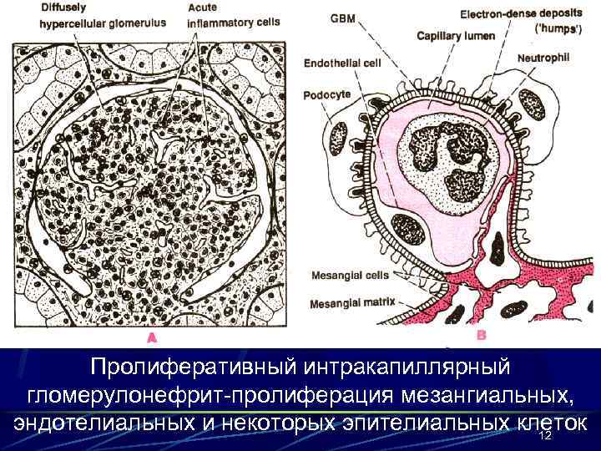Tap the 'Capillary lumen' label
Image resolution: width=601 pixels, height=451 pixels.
tap(456, 36)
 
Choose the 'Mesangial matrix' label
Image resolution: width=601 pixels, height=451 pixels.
tap(348, 304)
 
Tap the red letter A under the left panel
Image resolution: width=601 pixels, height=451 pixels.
tap(151, 337)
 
